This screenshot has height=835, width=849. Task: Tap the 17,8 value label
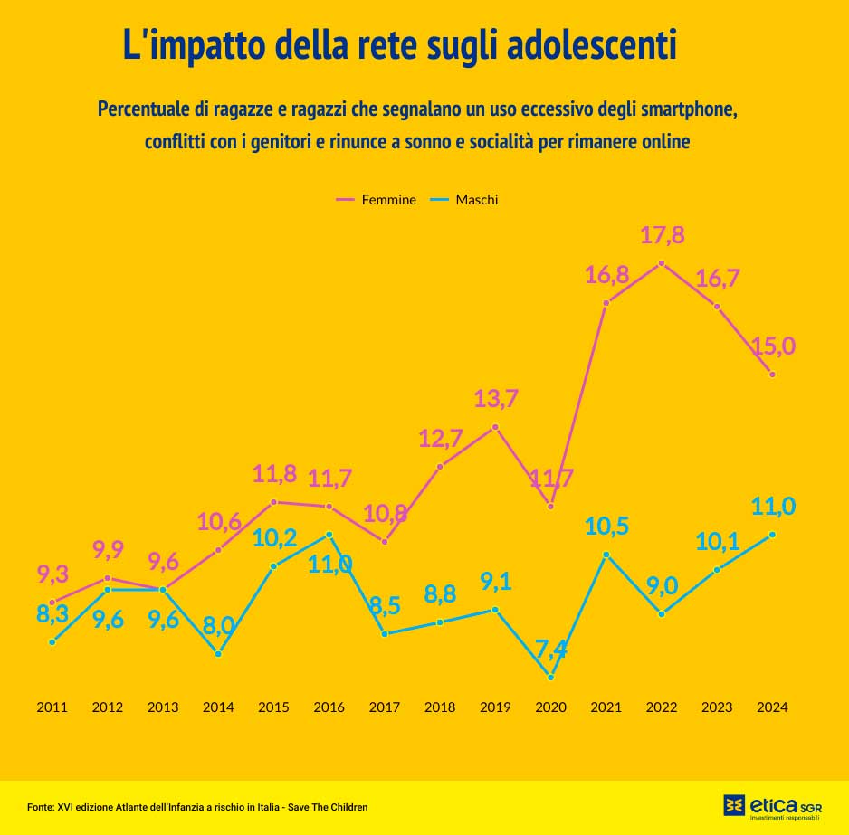point(662,236)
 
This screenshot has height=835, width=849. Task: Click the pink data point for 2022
point(662,263)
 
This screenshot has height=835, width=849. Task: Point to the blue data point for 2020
point(550,677)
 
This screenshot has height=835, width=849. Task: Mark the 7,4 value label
point(550,649)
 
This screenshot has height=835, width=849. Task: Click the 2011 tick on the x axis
point(52,707)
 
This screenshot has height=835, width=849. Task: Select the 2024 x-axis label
point(772,707)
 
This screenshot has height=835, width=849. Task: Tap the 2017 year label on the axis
point(384,707)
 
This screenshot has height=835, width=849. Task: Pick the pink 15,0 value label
point(773,346)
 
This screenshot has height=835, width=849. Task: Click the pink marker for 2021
point(606,302)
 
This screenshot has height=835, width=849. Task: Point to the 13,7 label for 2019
point(495,398)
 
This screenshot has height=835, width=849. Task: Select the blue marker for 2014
point(218,653)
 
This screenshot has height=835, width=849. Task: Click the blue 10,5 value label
point(606,527)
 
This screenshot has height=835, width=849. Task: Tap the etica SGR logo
point(772,806)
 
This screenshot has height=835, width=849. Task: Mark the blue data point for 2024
point(772,535)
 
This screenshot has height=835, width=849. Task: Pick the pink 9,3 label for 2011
point(53,574)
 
